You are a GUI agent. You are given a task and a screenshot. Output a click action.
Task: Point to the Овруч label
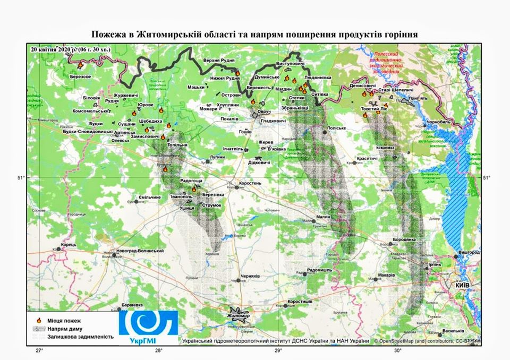click(x=264, y=112)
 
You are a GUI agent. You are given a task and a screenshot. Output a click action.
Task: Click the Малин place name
click(x=323, y=217)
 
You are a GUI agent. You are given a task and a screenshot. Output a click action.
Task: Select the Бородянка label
click(x=406, y=240)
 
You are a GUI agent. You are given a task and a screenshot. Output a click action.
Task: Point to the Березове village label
click(x=80, y=76)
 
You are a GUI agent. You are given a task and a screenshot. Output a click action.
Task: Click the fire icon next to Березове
click(x=80, y=65)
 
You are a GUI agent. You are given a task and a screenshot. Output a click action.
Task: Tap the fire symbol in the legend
click(x=38, y=320)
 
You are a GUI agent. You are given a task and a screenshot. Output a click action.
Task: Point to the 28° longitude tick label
click(x=159, y=351)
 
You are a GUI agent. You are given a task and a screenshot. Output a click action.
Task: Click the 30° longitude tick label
click(x=398, y=351)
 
